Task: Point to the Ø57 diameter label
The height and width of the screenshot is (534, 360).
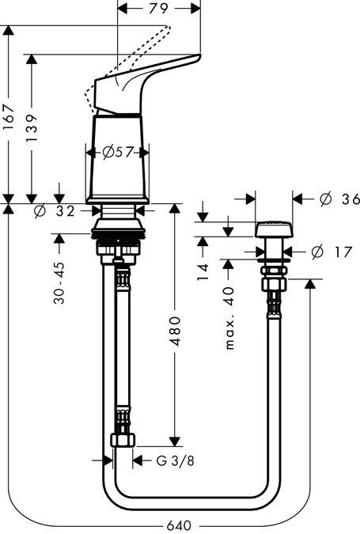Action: [117, 152]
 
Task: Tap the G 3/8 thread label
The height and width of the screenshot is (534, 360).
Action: [165, 460]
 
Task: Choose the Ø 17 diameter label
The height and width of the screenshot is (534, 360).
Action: [327, 252]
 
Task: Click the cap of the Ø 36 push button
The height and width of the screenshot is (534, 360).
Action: [273, 229]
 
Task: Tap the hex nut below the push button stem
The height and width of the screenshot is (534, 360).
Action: [273, 282]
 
